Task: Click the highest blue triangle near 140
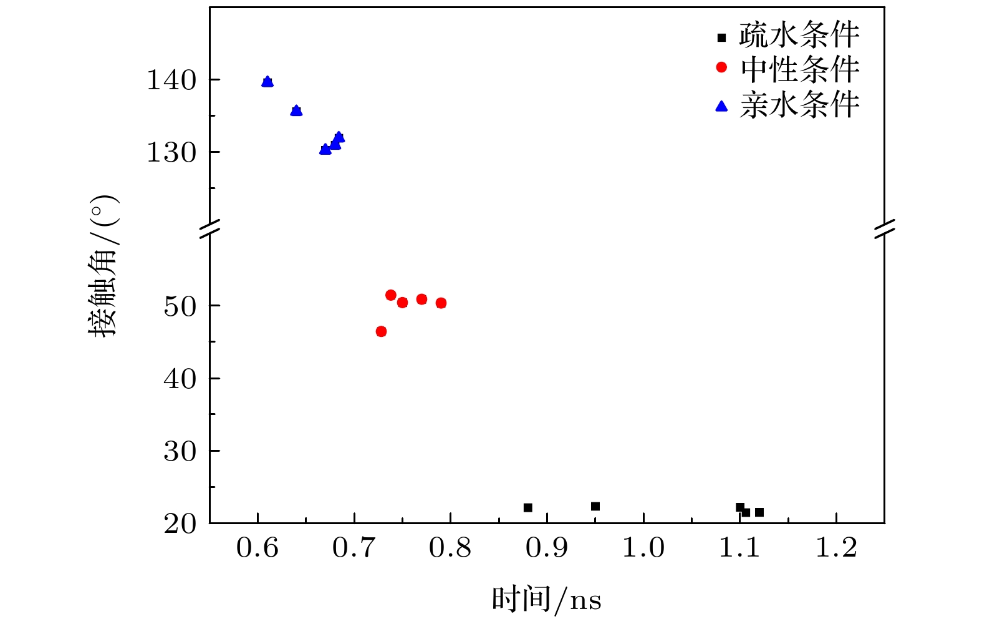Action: coord(267,82)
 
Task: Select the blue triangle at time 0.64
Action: coord(296,110)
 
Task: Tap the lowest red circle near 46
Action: coord(381,331)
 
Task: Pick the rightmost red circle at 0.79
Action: coord(441,303)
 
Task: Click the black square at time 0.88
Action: coord(528,508)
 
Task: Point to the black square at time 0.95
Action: coord(595,506)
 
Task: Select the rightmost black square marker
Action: coord(759,512)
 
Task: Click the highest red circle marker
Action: coord(391,295)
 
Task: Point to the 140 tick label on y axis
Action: coord(171,80)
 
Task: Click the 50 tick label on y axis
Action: coord(180,306)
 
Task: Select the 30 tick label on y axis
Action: coord(180,451)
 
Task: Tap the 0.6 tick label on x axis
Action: coord(258,548)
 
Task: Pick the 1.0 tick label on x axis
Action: coord(643,548)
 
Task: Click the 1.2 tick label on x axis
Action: coord(836,548)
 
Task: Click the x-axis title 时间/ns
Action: coord(546,600)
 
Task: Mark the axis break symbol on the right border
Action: coord(885,229)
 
